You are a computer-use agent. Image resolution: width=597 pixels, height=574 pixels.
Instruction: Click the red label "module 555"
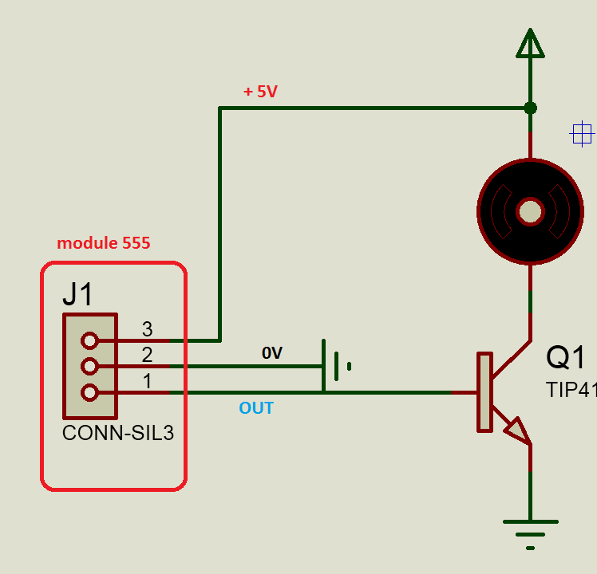coord(103,244)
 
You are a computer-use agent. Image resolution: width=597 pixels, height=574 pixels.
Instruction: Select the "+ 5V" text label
coord(260,92)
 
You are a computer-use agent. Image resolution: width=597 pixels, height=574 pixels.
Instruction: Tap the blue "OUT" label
coord(256,408)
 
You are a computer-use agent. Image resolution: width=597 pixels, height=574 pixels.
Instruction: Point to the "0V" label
coord(272,353)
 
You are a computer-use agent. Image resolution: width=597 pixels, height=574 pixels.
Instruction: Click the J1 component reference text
coord(78,295)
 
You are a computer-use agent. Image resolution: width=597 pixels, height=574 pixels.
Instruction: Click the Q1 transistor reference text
coord(566,358)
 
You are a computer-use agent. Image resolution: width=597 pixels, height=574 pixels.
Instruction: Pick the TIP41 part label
coord(571,389)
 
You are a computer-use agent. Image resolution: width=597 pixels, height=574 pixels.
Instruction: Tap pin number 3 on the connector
coord(147,328)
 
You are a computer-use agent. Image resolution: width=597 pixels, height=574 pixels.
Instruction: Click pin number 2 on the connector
coord(147,355)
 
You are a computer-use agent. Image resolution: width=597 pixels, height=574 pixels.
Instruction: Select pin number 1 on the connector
coord(147,381)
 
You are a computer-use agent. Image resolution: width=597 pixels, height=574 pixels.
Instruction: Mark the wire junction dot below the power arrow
coord(530,108)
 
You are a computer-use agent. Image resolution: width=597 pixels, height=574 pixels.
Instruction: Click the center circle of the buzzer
coord(530,211)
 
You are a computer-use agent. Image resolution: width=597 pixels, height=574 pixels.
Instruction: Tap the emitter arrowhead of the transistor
coord(516,431)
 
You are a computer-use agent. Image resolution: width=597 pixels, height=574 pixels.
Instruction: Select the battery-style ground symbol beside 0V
coord(335,366)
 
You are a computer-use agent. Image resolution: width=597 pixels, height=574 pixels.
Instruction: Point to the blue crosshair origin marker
coord(582,134)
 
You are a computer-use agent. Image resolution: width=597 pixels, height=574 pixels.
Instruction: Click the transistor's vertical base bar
coord(484,392)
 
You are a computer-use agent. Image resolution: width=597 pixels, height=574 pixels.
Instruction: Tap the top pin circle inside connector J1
coord(89,340)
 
